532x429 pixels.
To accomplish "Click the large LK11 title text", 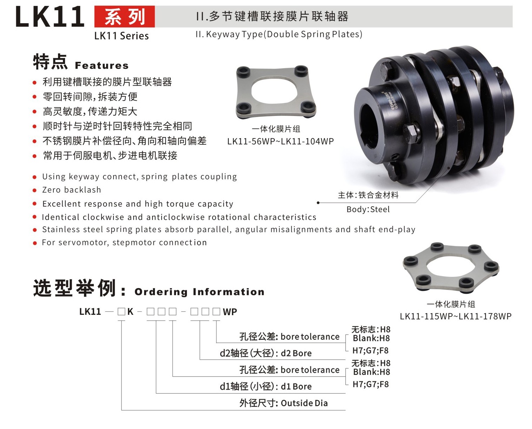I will pos(50,17).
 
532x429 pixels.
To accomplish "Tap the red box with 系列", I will pos(124,17).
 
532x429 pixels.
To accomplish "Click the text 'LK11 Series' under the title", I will pos(121,36).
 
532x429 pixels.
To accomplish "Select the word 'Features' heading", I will pos(102,66).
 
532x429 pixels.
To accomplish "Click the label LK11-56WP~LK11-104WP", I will pos(280,142).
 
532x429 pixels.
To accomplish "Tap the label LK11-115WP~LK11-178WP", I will pos(455,316).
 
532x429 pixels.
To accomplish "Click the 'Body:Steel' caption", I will pos(368,209).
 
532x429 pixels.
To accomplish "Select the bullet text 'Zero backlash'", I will pos(71,190).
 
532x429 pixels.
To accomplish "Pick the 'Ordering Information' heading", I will pos(199,292).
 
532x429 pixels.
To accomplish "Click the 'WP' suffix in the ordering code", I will pos(230,312).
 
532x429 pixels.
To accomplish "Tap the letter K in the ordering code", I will pos(130,312).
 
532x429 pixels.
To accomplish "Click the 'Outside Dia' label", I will pos(304,403).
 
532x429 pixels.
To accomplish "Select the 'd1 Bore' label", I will pos(296,386).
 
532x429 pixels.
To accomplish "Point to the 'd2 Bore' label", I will pos(296,353).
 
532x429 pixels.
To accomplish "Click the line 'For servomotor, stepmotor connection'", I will pos(124,242).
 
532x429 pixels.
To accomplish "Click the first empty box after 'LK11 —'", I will pos(121,312).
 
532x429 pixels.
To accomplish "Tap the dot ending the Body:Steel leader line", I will pos(318,203).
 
